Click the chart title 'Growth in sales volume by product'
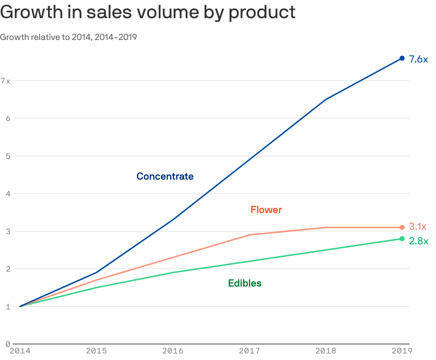point(148,12)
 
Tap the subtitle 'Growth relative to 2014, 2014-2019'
point(68,37)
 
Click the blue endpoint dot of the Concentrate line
point(402,58)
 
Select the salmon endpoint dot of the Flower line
point(402,227)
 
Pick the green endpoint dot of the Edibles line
point(402,239)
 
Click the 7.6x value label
point(419,59)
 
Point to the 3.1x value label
point(418,227)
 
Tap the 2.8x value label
point(419,241)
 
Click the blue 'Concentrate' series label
point(165,176)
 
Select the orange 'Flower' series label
point(266,210)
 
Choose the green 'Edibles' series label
point(245,283)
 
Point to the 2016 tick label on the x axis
point(173,351)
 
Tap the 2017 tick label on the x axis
point(249,351)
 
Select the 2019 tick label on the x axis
point(402,351)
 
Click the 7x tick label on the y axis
point(5,81)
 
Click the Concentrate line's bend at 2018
point(326,99)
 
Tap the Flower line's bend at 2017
point(249,235)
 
